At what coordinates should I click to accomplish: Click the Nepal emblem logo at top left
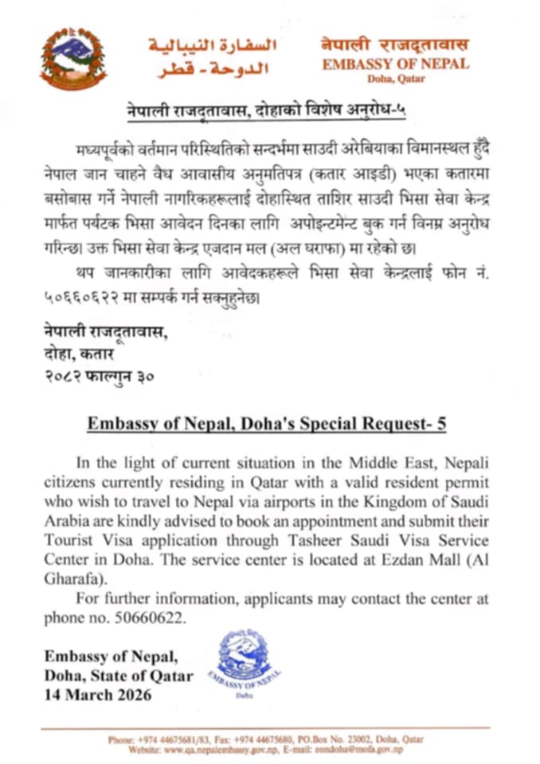(73, 57)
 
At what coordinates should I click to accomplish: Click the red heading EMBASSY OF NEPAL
(396, 64)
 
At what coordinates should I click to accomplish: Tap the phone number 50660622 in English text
(156, 618)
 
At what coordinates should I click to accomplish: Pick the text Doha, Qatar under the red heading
(396, 78)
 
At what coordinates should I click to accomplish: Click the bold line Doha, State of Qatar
(119, 676)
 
